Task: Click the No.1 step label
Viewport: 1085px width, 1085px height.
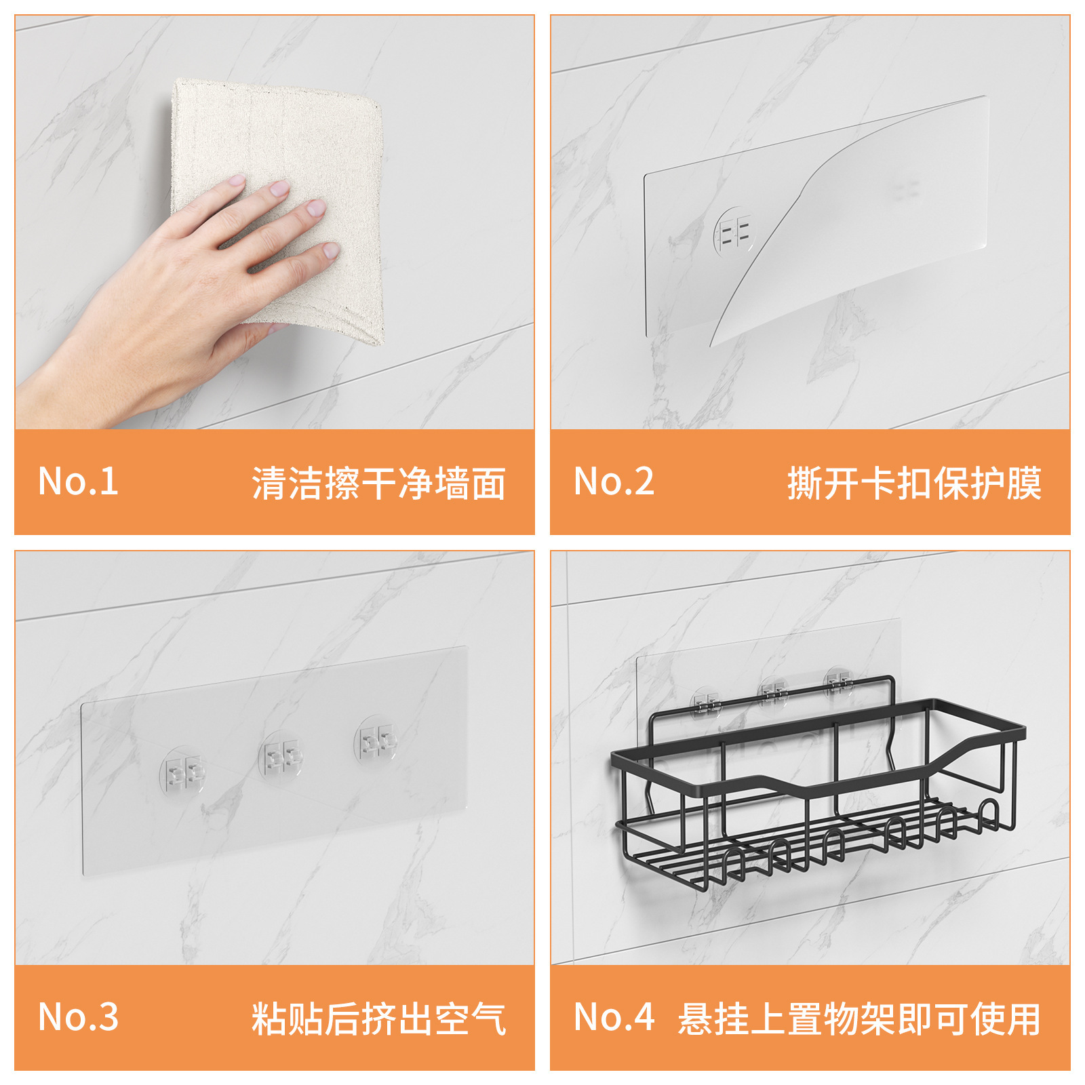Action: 78,481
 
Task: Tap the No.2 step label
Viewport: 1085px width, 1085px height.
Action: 614,481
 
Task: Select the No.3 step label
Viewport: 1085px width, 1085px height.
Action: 78,1017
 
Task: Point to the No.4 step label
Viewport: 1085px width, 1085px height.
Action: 614,1017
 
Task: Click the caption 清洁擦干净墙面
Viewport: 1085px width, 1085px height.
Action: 378,483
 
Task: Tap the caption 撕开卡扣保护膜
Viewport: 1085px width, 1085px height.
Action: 914,483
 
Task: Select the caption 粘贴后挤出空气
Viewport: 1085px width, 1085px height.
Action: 378,1019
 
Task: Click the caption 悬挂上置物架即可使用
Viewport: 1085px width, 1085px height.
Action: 859,1019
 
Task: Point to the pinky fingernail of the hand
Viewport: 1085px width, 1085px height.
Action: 331,251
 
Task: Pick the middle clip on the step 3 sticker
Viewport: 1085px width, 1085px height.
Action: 281,755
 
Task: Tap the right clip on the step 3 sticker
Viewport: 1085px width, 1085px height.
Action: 377,738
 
